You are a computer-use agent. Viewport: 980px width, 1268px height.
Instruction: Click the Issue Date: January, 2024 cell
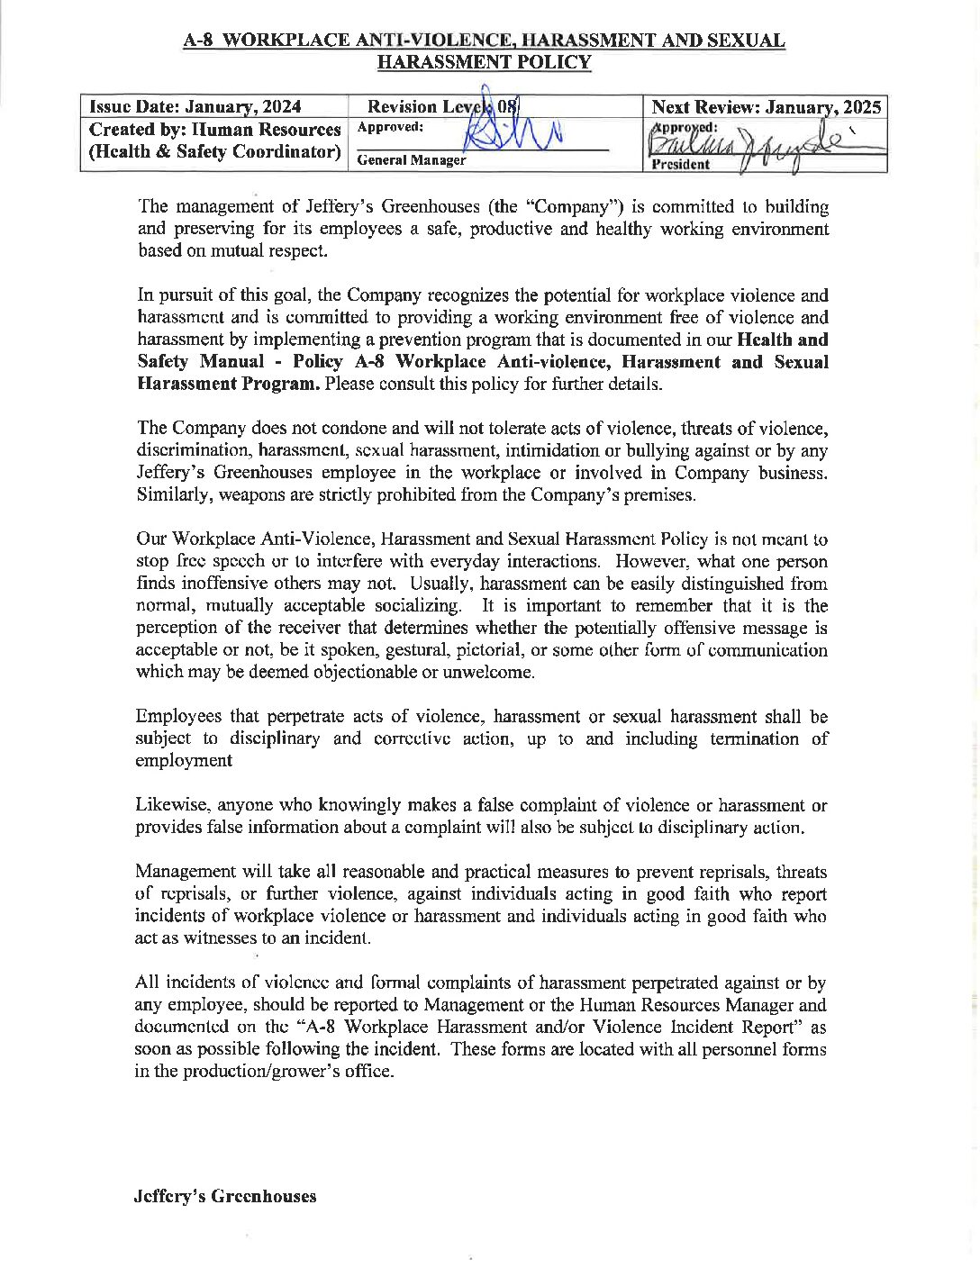(x=195, y=107)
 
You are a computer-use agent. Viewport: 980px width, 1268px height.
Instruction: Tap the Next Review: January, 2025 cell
(x=766, y=107)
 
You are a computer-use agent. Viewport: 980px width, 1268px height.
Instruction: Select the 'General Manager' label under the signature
(x=412, y=160)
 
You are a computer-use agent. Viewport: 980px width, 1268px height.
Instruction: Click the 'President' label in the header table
(x=680, y=164)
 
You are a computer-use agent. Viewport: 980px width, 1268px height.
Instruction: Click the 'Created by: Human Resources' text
(x=215, y=130)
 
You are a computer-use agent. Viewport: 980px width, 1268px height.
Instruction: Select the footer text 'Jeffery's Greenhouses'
(x=225, y=1196)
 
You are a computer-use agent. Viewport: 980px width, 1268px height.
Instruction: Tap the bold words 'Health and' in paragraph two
(x=782, y=340)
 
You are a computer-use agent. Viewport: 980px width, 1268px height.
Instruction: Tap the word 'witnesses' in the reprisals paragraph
(x=211, y=938)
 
